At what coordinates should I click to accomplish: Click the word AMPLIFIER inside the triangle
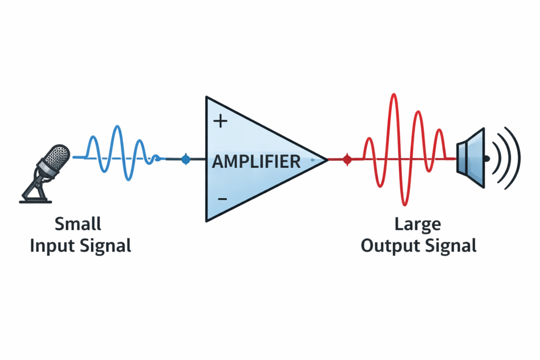[256, 161]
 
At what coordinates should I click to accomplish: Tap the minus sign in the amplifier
[222, 199]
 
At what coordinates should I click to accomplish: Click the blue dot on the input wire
[186, 159]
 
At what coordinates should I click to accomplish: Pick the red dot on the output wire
[346, 159]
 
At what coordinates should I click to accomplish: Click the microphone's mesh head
[56, 156]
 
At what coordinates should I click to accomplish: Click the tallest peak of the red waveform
[392, 95]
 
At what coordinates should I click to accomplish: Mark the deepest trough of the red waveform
[404, 203]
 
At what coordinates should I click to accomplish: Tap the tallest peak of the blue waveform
[117, 127]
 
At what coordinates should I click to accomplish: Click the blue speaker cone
[471, 158]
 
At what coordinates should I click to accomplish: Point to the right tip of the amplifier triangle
[326, 159]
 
